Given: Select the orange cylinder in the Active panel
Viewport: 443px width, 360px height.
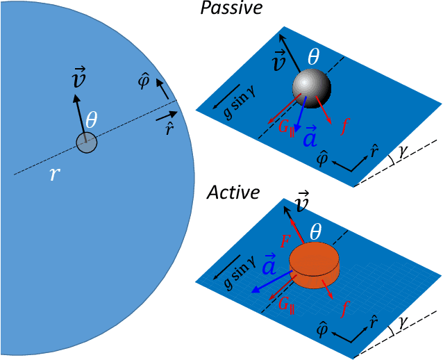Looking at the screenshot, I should [x=315, y=265].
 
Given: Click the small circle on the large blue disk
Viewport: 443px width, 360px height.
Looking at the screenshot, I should [x=86, y=144].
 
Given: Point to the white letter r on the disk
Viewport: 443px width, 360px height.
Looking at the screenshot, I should [x=55, y=174].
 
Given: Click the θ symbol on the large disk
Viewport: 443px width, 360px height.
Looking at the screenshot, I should [x=91, y=120].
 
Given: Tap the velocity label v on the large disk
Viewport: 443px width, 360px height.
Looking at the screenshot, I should [x=80, y=79].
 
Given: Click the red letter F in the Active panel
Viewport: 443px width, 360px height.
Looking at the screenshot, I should [x=285, y=241].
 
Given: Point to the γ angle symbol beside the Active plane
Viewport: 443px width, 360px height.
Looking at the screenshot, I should [x=406, y=322].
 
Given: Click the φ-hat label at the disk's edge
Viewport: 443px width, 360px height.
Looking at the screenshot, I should [x=145, y=81].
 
